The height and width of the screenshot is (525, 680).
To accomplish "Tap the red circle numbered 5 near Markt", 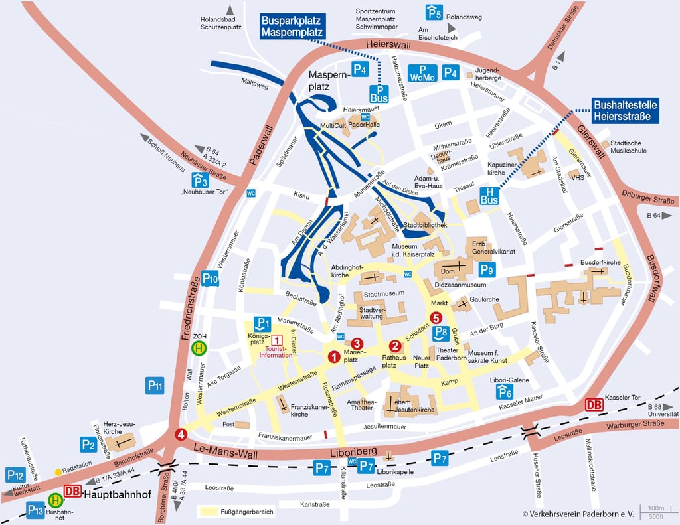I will (x=436, y=318).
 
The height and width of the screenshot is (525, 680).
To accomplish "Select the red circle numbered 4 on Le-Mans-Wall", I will (x=180, y=435).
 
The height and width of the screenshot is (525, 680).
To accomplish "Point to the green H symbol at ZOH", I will (x=199, y=348).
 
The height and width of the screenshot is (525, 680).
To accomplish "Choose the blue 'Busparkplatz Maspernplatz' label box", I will (x=292, y=26).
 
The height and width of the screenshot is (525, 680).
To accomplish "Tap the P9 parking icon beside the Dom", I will (x=487, y=269).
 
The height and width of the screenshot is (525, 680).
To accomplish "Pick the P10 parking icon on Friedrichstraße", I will (x=210, y=279).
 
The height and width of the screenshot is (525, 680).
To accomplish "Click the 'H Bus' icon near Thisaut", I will (x=489, y=195).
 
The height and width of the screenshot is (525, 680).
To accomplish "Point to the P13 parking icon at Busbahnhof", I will (x=36, y=510).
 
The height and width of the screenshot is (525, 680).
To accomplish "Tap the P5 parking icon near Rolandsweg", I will (x=434, y=12).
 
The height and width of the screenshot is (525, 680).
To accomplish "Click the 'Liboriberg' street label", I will (x=350, y=454).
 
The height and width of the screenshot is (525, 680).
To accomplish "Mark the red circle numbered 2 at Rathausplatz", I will (x=394, y=345).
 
